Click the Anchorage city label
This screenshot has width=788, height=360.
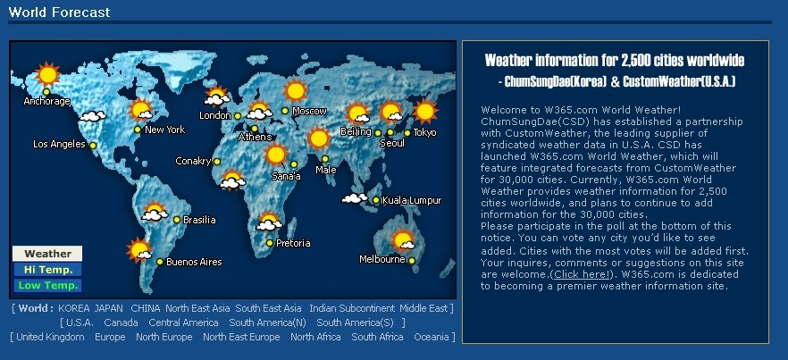point(46,101)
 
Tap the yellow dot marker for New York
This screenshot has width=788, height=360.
point(138,130)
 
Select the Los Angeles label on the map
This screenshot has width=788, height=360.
point(59,145)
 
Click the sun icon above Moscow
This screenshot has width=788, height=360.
point(295,90)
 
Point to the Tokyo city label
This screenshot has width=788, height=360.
point(424,133)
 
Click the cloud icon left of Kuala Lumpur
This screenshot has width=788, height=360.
point(355,198)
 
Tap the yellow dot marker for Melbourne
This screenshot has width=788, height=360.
point(412,261)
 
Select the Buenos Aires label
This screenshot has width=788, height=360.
point(194,262)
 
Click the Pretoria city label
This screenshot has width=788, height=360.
point(293,243)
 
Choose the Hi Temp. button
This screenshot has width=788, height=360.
point(47,270)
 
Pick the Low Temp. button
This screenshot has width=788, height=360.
point(47,286)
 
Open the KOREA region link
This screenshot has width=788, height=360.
point(74,308)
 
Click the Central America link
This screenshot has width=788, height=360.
point(183,322)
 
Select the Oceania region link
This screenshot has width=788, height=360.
point(431,337)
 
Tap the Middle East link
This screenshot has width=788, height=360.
point(423,308)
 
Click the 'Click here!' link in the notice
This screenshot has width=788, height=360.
point(582,274)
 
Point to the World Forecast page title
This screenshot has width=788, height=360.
point(59,13)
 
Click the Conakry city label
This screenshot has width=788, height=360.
point(193,162)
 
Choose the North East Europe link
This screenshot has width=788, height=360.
point(241,337)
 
